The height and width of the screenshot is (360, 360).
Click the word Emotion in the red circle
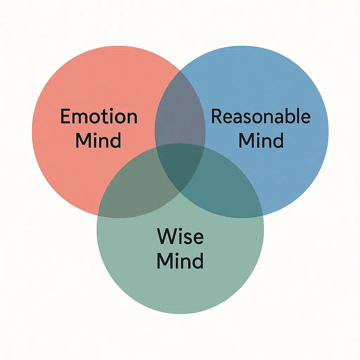coord(99,117)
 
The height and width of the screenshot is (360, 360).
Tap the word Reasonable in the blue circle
coord(261,117)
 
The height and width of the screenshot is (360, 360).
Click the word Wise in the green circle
coord(180,236)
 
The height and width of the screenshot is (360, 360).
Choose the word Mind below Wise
coord(180,261)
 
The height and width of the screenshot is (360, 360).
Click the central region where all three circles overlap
coord(180,165)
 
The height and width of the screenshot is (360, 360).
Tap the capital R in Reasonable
coord(217,117)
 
